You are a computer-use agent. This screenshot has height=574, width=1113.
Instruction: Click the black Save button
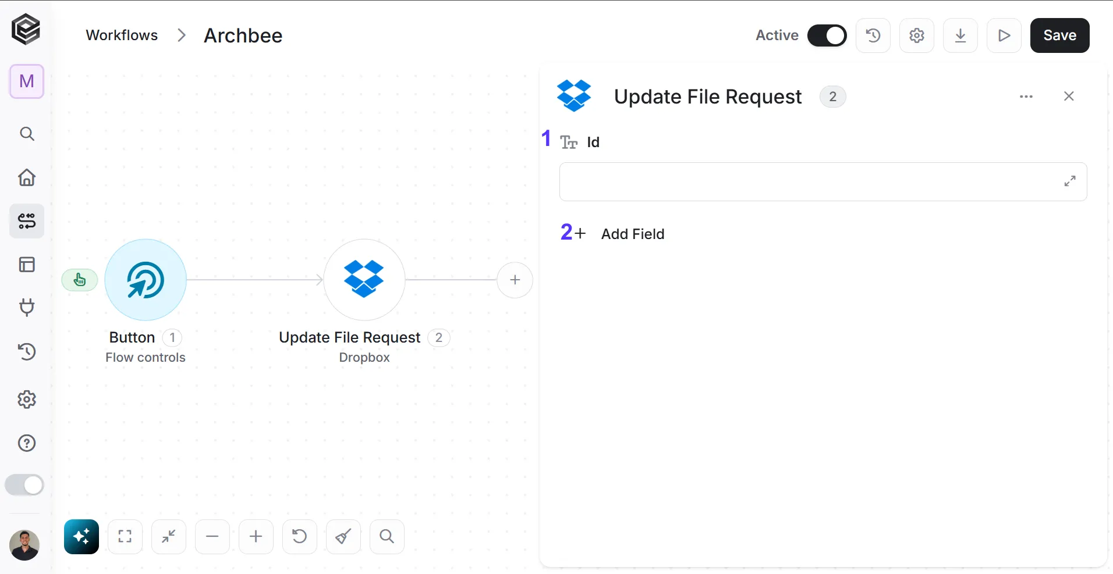click(1059, 35)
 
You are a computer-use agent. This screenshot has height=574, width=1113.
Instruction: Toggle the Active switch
click(827, 35)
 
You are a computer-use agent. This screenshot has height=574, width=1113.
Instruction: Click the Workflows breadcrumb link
click(122, 35)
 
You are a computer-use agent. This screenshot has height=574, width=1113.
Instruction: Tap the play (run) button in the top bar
click(1004, 35)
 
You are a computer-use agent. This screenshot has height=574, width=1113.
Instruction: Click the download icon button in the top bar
click(960, 35)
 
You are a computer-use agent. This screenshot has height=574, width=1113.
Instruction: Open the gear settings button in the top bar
click(917, 35)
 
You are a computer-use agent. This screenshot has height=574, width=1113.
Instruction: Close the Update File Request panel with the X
click(1069, 97)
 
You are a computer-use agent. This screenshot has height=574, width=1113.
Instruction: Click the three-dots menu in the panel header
click(1026, 97)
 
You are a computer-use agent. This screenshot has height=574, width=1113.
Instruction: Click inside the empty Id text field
click(809, 181)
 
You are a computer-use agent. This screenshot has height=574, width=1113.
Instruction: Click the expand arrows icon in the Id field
click(1070, 181)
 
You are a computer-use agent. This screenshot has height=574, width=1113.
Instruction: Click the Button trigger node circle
click(146, 280)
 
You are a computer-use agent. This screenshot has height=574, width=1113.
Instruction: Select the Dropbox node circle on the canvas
click(364, 280)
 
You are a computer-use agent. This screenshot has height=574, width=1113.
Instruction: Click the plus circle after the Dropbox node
click(515, 280)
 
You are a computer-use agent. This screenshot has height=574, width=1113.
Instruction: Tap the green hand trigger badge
click(80, 280)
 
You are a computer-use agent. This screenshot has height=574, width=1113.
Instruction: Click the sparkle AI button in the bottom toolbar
click(81, 537)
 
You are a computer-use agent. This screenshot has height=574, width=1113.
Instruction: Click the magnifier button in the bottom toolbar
click(387, 537)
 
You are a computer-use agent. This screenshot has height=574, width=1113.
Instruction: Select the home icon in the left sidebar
click(27, 177)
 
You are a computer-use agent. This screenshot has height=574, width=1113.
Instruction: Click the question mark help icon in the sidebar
click(27, 443)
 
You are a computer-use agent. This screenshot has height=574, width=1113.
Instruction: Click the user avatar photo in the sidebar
click(24, 546)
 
